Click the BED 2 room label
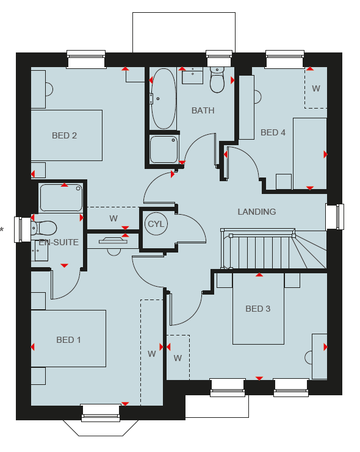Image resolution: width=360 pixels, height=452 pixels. (x=64, y=135)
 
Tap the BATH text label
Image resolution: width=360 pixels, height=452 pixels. (x=203, y=110)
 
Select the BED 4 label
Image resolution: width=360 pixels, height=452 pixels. (x=273, y=132)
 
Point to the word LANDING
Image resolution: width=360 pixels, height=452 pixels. (x=257, y=212)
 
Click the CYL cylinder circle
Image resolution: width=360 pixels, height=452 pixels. (x=156, y=224)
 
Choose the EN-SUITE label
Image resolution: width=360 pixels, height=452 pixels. (x=59, y=242)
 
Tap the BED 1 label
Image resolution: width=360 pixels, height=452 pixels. (x=68, y=340)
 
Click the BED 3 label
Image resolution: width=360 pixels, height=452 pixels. (x=258, y=309)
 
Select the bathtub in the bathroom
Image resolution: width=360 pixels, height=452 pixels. (x=164, y=99)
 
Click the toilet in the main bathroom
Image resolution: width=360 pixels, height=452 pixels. (x=217, y=79)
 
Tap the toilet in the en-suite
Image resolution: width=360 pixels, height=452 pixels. (x=43, y=228)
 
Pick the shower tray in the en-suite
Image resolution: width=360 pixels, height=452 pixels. (x=61, y=198)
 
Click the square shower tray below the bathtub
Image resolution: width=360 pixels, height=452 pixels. (x=164, y=149)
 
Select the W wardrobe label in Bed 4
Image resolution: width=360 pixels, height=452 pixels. (x=316, y=88)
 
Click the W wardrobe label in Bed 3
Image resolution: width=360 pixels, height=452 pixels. (x=178, y=358)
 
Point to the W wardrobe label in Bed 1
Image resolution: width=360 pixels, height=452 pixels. (x=152, y=354)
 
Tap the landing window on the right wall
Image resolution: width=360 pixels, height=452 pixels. (x=335, y=217)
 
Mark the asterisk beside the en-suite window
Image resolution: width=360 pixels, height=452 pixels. (x=2, y=230)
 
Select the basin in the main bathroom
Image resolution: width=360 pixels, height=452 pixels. (x=192, y=76)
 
